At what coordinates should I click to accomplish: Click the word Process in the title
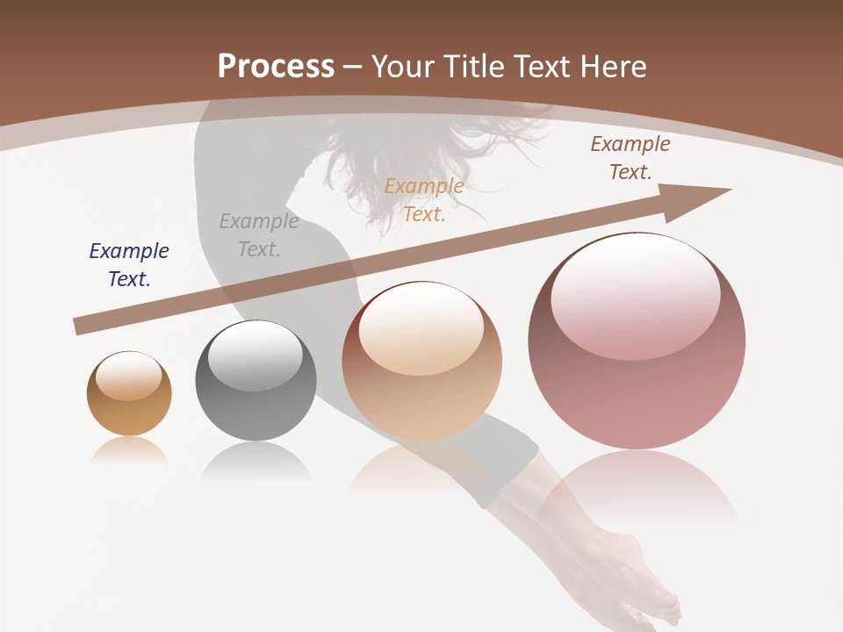276,66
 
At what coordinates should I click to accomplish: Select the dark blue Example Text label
129,265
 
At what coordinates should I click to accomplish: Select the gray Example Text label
258,235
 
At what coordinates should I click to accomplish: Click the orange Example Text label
424,199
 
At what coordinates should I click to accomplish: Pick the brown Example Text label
630,158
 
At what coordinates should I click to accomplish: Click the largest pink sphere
637,386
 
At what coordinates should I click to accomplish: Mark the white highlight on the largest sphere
635,285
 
